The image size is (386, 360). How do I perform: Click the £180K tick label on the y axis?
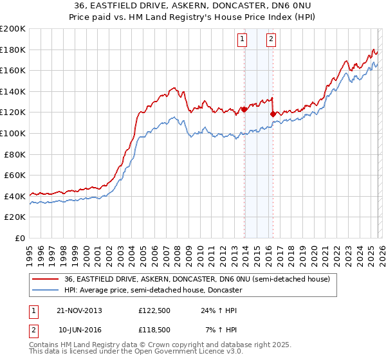13,50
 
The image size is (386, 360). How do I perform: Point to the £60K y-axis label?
15,175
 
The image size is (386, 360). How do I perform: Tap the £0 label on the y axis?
20,238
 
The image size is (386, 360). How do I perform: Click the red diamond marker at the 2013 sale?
244,110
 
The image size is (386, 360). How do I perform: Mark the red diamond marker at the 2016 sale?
273,114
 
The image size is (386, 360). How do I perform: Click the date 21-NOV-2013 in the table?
80,310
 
